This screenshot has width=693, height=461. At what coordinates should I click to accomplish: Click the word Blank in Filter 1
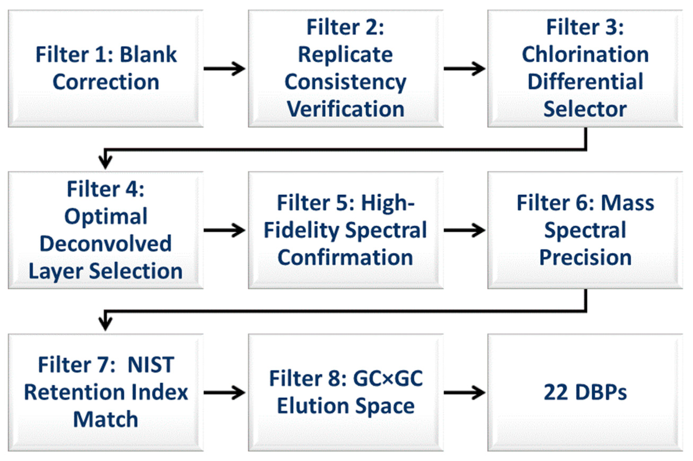(x=148, y=55)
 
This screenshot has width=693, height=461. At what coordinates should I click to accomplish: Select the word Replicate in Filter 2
(x=345, y=55)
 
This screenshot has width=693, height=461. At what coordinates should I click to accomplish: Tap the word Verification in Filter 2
(x=346, y=109)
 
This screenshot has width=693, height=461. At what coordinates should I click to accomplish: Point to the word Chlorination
(x=585, y=55)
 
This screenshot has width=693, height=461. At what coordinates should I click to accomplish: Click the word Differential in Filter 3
(x=585, y=82)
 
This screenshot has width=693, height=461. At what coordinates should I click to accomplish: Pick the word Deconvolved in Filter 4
(x=105, y=244)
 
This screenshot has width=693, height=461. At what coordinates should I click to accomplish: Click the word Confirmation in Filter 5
(x=345, y=257)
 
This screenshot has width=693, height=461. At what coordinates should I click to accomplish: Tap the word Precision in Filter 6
(x=585, y=257)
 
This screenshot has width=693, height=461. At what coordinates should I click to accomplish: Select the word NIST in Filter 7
(x=151, y=365)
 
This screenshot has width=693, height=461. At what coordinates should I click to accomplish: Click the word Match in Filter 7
(x=105, y=419)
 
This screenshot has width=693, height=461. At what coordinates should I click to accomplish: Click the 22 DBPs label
(x=585, y=392)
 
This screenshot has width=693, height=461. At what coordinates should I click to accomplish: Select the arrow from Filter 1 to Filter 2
(x=225, y=69)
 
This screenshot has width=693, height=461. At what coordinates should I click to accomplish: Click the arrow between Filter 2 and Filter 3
(x=464, y=69)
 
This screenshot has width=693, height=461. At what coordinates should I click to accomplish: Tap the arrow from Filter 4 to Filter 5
(x=225, y=230)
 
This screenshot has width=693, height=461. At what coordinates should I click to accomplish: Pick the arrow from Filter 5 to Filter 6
(x=464, y=230)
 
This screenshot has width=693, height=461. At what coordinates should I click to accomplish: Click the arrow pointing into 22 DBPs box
(x=464, y=392)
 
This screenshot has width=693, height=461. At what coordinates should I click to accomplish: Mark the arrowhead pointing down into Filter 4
(x=105, y=162)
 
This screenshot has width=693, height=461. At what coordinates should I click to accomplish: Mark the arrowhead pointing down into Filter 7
(x=105, y=324)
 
